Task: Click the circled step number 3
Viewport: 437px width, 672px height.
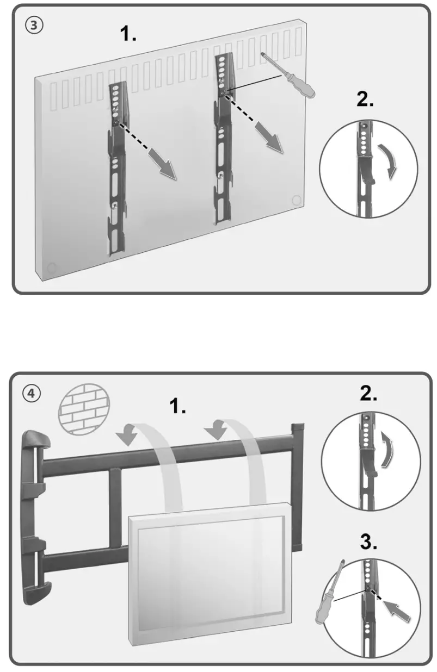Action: pos(32,26)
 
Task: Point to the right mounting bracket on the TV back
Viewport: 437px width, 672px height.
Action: pos(224,139)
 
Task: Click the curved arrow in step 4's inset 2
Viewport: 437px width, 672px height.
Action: pos(386,450)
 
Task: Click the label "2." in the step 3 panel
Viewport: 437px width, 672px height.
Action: pos(365,100)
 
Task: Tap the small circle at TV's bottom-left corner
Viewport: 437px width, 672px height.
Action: pos(51,267)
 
